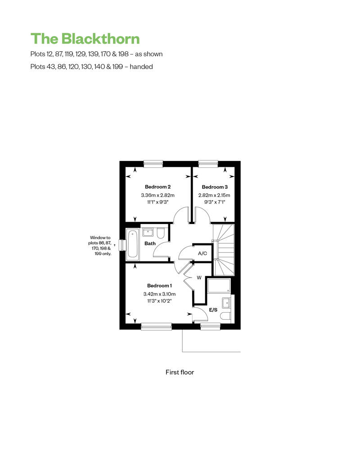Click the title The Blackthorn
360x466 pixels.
85,39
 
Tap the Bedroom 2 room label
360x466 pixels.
157,187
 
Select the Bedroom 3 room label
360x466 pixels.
215,187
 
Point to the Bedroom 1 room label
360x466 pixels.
159,286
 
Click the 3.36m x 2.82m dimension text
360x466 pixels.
157,195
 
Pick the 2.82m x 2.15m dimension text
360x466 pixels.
214,195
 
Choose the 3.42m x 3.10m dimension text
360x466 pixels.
159,294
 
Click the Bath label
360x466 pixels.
150,243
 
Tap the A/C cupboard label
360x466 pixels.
202,253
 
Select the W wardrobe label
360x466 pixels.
199,278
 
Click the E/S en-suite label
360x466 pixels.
213,309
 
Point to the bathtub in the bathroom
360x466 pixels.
132,243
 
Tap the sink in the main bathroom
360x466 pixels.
148,232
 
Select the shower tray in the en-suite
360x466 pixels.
219,286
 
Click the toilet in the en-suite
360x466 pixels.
225,316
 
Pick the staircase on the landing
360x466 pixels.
223,250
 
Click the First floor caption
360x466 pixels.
180,372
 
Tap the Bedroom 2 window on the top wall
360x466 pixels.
153,163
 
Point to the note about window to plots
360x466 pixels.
100,246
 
